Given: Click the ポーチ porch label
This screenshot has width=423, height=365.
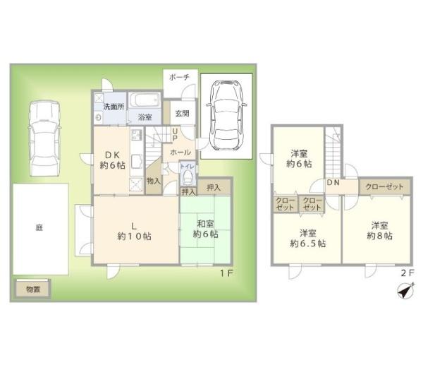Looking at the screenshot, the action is pyautogui.click(x=179, y=78).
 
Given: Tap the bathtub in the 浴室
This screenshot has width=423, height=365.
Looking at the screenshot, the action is pyautogui.click(x=144, y=101).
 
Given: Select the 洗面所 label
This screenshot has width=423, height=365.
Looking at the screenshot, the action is pyautogui.click(x=114, y=107).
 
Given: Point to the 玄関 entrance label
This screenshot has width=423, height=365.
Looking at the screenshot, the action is pyautogui.click(x=182, y=114).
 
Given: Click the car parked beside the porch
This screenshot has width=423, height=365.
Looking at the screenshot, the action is pyautogui.click(x=226, y=115).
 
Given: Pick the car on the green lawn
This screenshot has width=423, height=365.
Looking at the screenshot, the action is pyautogui.click(x=44, y=138).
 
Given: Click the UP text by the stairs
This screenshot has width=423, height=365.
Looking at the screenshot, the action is pyautogui.click(x=175, y=135).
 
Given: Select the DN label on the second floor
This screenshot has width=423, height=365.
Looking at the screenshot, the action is pyautogui.click(x=333, y=183).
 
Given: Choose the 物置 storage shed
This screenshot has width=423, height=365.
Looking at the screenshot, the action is pyautogui.click(x=32, y=289).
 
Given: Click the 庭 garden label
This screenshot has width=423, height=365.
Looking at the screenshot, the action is pyautogui.click(x=39, y=228).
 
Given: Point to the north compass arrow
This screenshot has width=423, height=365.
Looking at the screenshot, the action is pyautogui.click(x=406, y=291).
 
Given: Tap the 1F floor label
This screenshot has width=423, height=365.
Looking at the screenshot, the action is pyautogui.click(x=226, y=273).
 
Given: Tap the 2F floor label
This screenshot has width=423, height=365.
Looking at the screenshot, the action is pyautogui.click(x=407, y=273).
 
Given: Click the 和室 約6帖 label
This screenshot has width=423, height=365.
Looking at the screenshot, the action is pyautogui.click(x=206, y=229).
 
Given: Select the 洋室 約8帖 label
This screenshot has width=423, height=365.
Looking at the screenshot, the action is pyautogui.click(x=379, y=231).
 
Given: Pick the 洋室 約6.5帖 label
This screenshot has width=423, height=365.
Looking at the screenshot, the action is pyautogui.click(x=308, y=239).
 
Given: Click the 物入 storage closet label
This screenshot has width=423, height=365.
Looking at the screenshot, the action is pyautogui.click(x=154, y=181).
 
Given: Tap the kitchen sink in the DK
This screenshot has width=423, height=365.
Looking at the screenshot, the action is pyautogui.click(x=137, y=162).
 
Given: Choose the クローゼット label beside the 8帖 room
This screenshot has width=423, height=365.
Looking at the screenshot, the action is pyautogui.click(x=384, y=186).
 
